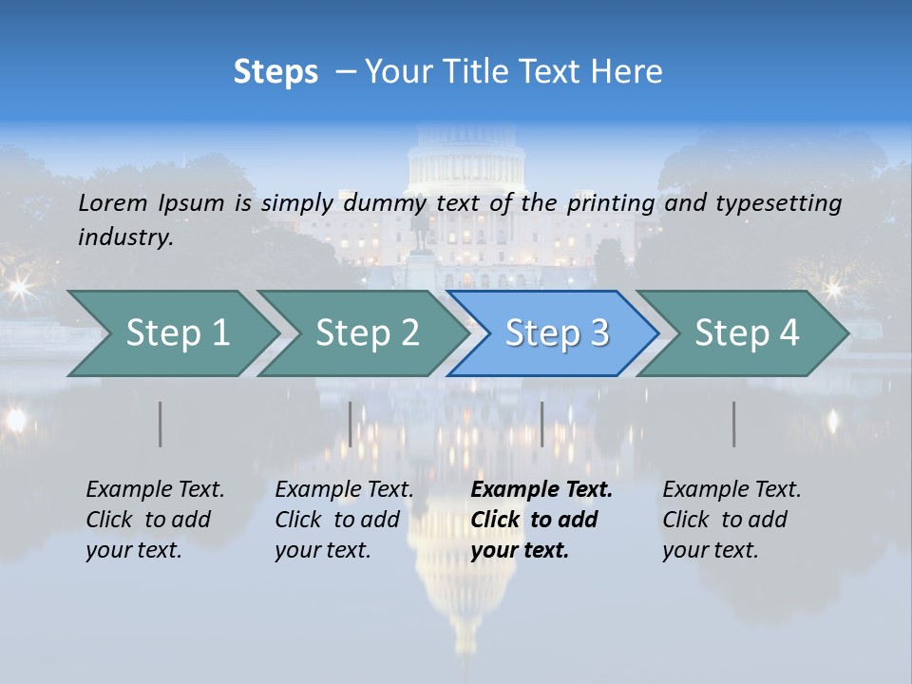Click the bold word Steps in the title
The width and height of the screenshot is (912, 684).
pyautogui.click(x=275, y=71)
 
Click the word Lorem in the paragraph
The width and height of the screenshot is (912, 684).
pyautogui.click(x=113, y=202)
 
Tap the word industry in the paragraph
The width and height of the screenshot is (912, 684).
pyautogui.click(x=125, y=237)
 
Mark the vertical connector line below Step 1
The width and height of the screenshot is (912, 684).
pyautogui.click(x=161, y=424)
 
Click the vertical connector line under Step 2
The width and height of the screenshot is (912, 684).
pyautogui.click(x=351, y=424)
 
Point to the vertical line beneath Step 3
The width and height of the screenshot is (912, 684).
pyautogui.click(x=541, y=424)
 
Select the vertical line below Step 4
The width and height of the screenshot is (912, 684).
pyautogui.click(x=733, y=424)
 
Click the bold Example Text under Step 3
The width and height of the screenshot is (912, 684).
pyautogui.click(x=541, y=489)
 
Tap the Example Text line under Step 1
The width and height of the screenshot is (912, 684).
pyautogui.click(x=155, y=489)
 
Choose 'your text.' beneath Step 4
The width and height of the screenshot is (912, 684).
pyautogui.click(x=711, y=550)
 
